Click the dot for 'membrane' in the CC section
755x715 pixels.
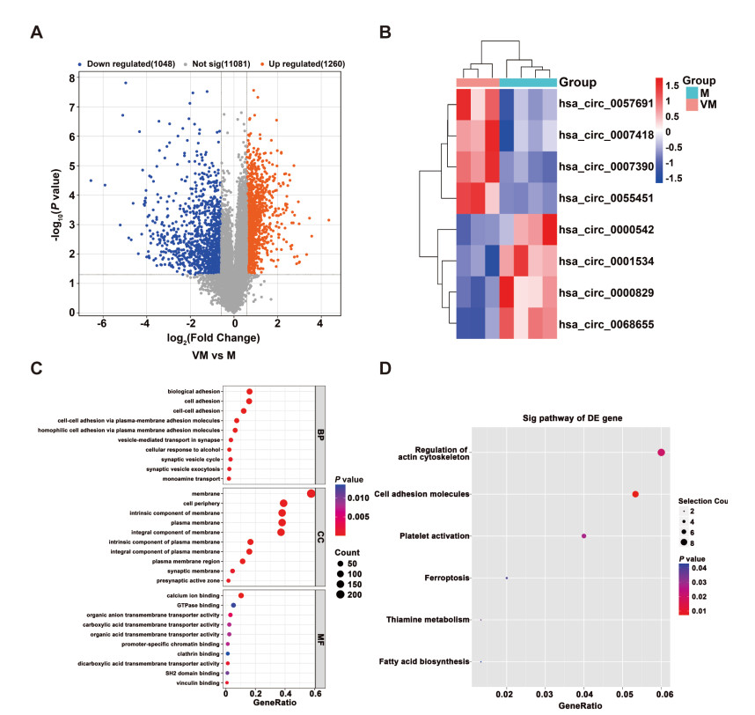pyautogui.click(x=312, y=493)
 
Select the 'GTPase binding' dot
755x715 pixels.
pyautogui.click(x=233, y=606)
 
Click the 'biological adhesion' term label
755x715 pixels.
pyautogui.click(x=193, y=392)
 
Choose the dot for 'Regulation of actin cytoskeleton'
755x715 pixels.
pyautogui.click(x=661, y=452)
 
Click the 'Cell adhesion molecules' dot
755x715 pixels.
pyautogui.click(x=635, y=494)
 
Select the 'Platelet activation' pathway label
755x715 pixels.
pyautogui.click(x=435, y=535)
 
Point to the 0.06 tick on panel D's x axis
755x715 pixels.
pyautogui.click(x=662, y=695)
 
